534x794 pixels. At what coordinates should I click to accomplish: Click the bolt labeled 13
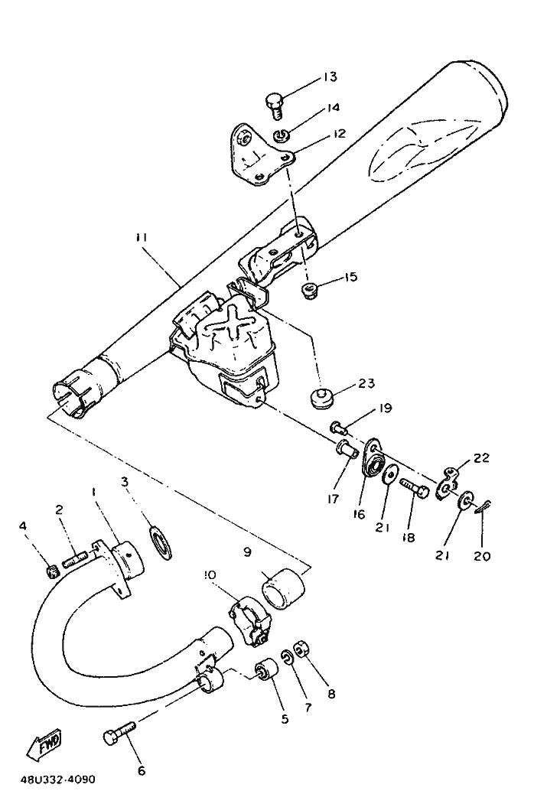275,106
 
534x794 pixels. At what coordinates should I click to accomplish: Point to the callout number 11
142,237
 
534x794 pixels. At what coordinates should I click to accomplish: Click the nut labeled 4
53,571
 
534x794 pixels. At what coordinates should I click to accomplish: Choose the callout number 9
247,552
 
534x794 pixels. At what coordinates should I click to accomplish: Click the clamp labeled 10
250,620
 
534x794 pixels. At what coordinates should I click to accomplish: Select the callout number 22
482,457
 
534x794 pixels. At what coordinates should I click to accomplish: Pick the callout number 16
359,515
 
